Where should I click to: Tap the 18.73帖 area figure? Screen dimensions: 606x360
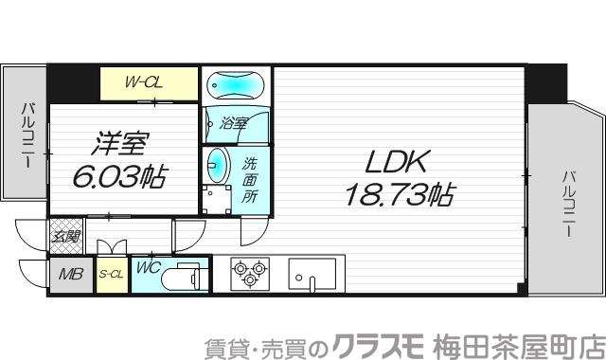click(396, 196)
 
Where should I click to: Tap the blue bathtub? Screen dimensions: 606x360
click(236, 86)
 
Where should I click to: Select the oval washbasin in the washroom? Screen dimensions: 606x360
click(217, 165)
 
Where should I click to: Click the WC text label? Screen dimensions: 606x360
click(147, 268)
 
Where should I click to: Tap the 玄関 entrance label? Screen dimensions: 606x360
click(65, 236)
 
